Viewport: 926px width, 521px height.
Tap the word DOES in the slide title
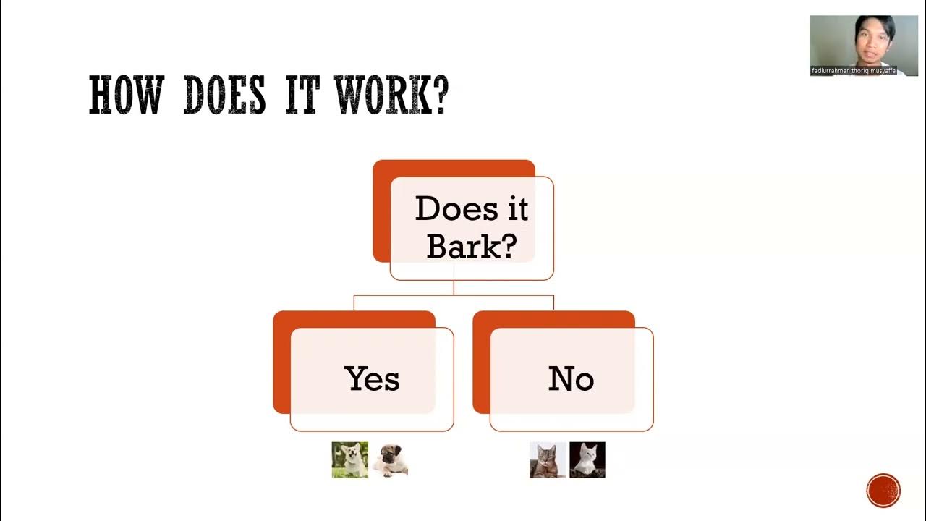tap(224, 96)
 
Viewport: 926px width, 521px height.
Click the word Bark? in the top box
tap(472, 246)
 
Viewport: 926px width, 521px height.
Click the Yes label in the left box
tap(372, 378)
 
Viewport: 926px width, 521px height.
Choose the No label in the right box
tap(572, 378)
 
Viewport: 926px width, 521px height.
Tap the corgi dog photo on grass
tap(350, 460)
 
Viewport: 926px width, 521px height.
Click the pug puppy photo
tap(391, 460)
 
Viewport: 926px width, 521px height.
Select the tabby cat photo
tap(548, 460)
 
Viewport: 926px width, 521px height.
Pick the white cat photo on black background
tap(587, 460)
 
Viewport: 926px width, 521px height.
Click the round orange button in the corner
tap(883, 491)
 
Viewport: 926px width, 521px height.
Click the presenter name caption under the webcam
tap(854, 71)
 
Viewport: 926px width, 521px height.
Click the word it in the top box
tap(514, 209)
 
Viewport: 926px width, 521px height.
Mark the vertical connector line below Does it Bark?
tap(454, 287)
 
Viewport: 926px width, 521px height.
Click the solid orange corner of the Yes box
tap(281, 362)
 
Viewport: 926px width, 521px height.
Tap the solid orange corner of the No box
tap(481, 362)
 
